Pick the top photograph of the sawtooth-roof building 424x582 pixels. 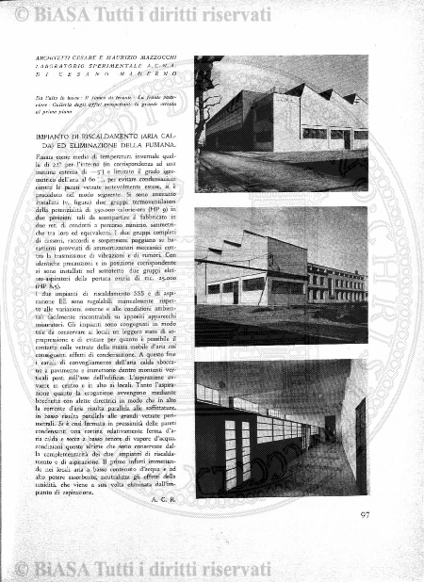click(x=282, y=121)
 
